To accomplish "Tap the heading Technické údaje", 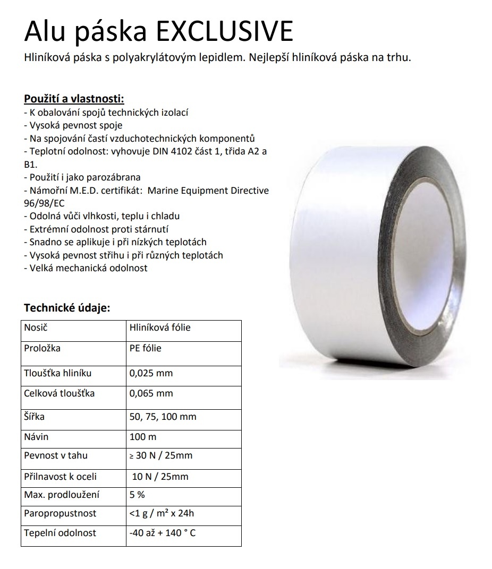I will [67, 308].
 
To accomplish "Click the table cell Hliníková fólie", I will [160, 327].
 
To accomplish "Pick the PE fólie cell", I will [145, 348].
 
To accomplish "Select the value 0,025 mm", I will [151, 373].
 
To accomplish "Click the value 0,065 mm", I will [151, 394].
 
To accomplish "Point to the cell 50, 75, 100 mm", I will [163, 417].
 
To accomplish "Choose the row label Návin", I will [36, 437].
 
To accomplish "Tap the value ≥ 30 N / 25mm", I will [161, 455].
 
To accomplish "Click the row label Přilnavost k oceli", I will [61, 477].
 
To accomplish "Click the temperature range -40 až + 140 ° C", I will [162, 532].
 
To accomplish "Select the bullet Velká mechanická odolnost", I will [88, 268].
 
